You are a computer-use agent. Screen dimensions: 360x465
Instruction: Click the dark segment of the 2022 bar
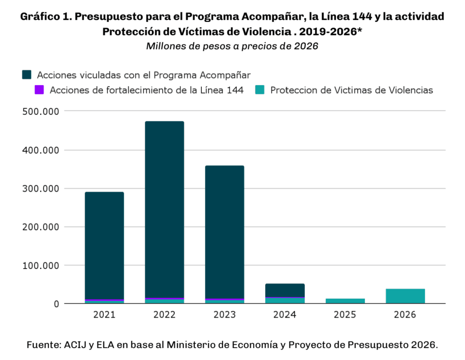(165, 209)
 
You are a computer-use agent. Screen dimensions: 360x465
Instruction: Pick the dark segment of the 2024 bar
(285, 290)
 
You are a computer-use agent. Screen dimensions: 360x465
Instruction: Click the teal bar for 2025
(345, 301)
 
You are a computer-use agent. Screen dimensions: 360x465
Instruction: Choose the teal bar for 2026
(405, 296)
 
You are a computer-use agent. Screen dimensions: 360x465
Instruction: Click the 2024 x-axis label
(285, 315)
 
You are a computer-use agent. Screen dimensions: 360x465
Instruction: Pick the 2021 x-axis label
(104, 315)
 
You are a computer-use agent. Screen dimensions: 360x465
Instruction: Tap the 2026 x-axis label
(405, 315)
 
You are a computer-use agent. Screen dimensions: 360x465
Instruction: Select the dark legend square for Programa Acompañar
(27, 75)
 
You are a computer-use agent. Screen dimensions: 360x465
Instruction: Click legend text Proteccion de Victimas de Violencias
(352, 91)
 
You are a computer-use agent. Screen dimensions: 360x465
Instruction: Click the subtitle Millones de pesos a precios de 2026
(232, 46)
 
